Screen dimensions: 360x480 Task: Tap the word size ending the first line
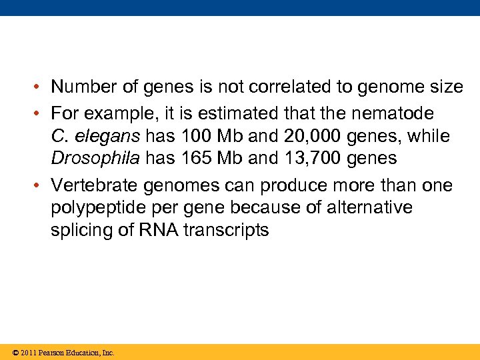[x=446, y=87]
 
